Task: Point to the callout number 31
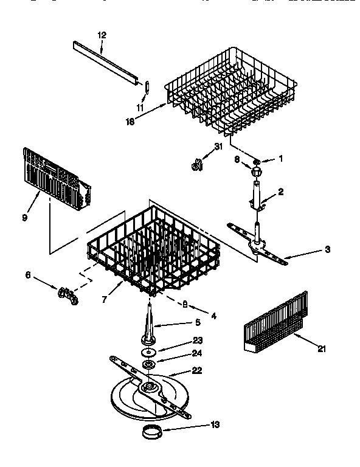tap(220, 146)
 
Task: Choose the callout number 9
tap(25, 217)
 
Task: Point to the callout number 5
tap(197, 322)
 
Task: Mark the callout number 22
tap(197, 370)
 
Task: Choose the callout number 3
tap(327, 249)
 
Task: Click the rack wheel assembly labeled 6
tap(67, 296)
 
